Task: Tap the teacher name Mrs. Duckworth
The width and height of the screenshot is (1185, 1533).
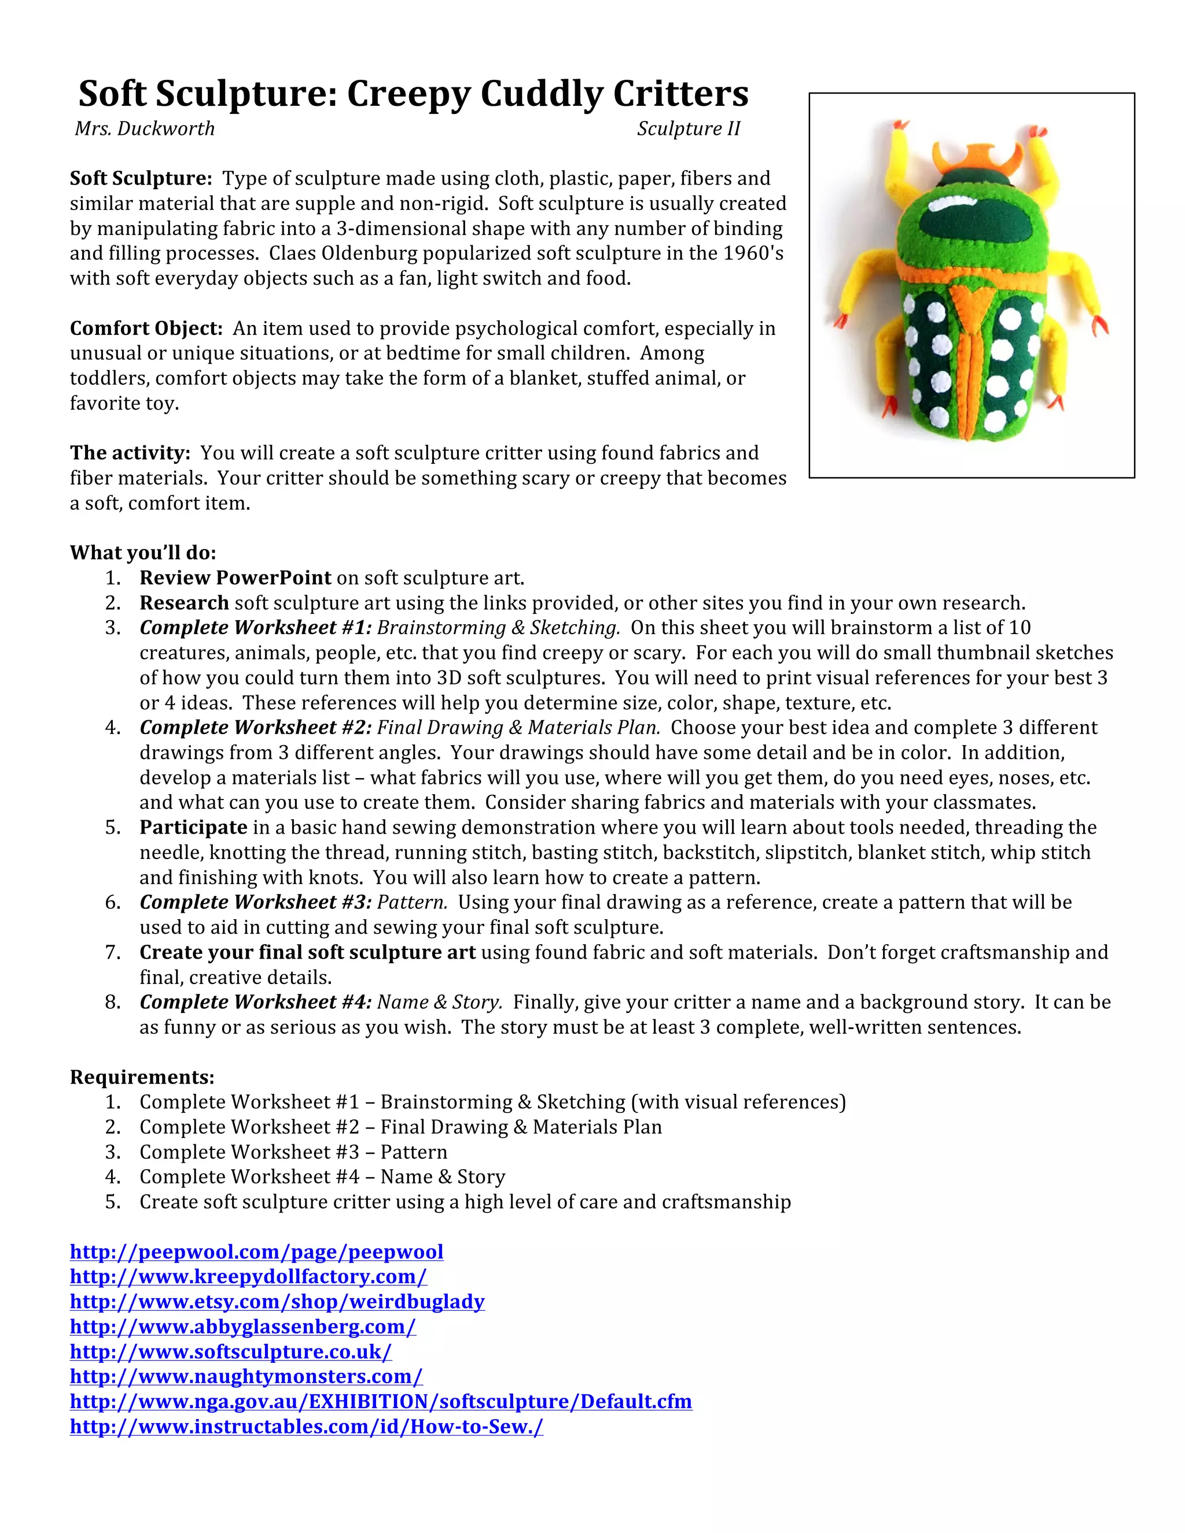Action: pyautogui.click(x=145, y=129)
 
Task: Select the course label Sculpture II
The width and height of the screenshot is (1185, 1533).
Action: pyautogui.click(x=688, y=129)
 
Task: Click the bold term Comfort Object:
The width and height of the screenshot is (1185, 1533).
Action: pyautogui.click(x=146, y=329)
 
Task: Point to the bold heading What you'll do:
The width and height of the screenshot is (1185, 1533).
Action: pyautogui.click(x=142, y=553)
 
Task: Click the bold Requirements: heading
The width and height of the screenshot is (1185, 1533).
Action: pyautogui.click(x=142, y=1078)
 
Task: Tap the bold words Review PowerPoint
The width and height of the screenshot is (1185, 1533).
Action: pyautogui.click(x=235, y=578)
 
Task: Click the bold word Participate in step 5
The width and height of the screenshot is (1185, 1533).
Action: pyautogui.click(x=193, y=828)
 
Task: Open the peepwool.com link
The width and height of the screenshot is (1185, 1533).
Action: pyautogui.click(x=256, y=1252)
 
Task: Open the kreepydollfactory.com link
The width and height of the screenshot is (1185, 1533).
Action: pyautogui.click(x=248, y=1277)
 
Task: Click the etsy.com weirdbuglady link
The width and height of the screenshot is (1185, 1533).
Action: pyautogui.click(x=277, y=1302)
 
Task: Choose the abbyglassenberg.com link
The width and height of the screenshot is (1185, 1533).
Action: pyautogui.click(x=242, y=1327)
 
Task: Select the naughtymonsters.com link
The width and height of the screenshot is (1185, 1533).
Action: pyautogui.click(x=246, y=1377)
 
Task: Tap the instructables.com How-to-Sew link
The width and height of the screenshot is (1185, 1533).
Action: pyautogui.click(x=306, y=1427)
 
